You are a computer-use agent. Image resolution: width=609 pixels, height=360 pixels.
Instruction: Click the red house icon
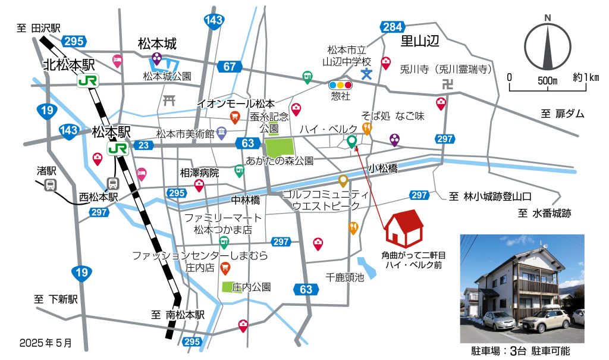point(404,228)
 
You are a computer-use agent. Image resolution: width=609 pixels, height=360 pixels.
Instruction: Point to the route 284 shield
point(393,27)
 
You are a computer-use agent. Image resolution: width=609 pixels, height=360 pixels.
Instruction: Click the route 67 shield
point(230,67)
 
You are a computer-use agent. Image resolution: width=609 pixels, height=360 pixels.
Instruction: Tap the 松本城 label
point(158,43)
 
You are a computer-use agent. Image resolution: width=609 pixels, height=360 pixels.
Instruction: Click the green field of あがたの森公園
point(279,146)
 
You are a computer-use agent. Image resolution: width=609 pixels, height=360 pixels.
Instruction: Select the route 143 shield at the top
point(213,21)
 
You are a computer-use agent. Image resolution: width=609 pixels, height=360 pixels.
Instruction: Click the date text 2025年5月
point(45,343)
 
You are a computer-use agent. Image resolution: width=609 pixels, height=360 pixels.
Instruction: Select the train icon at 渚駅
point(51,185)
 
